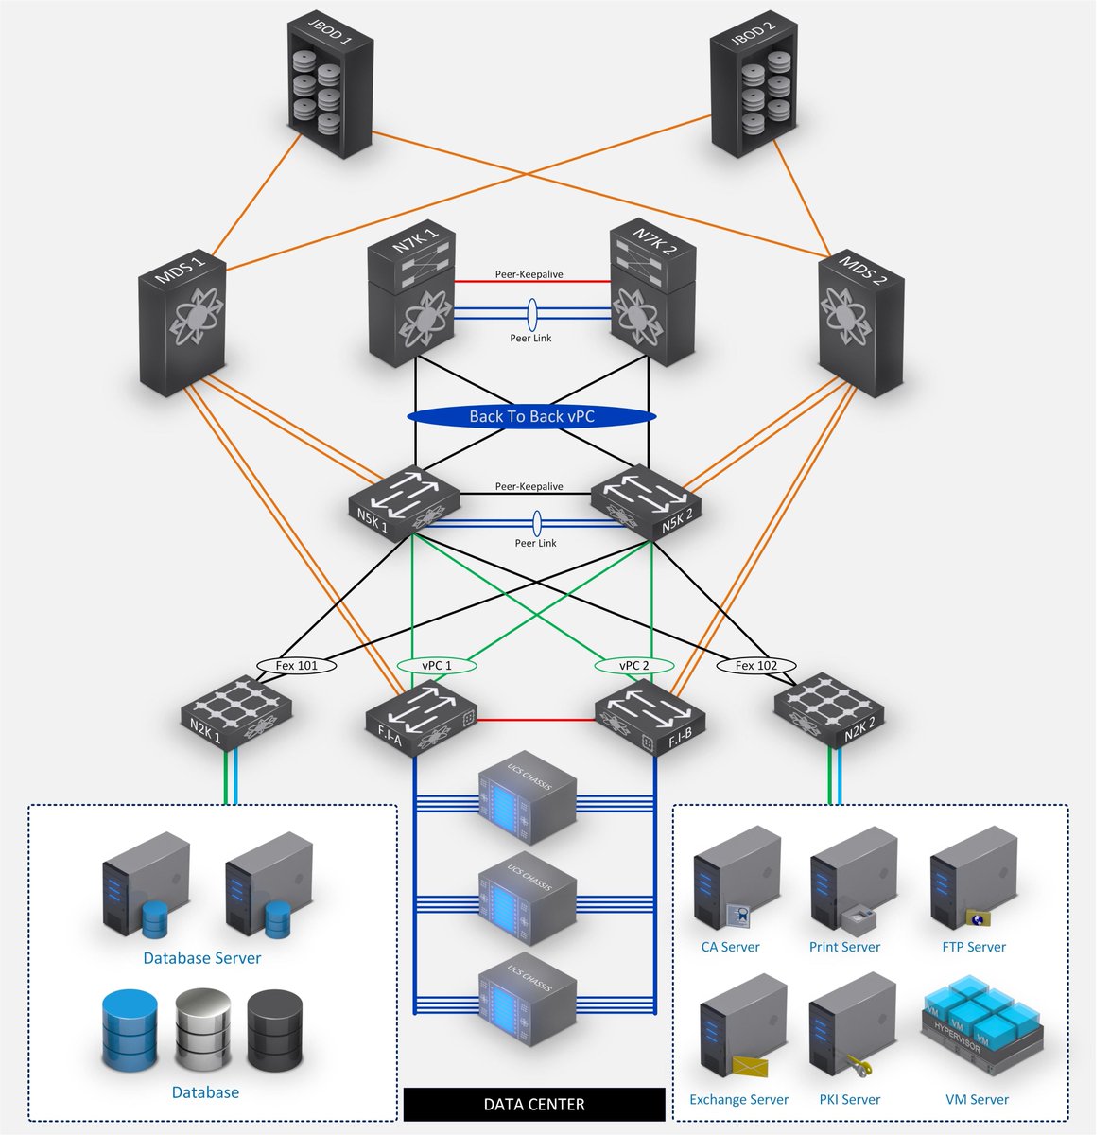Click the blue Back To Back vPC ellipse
pyautogui.click(x=531, y=416)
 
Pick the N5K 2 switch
pyautogui.click(x=647, y=503)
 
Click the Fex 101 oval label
pyautogui.click(x=296, y=666)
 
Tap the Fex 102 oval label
pyautogui.click(x=756, y=666)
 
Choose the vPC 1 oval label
pyautogui.click(x=436, y=666)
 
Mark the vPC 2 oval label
pyautogui.click(x=633, y=666)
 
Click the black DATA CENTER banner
pyautogui.click(x=534, y=1104)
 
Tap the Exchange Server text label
pyautogui.click(x=738, y=1099)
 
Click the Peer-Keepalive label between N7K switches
pyautogui.click(x=529, y=274)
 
